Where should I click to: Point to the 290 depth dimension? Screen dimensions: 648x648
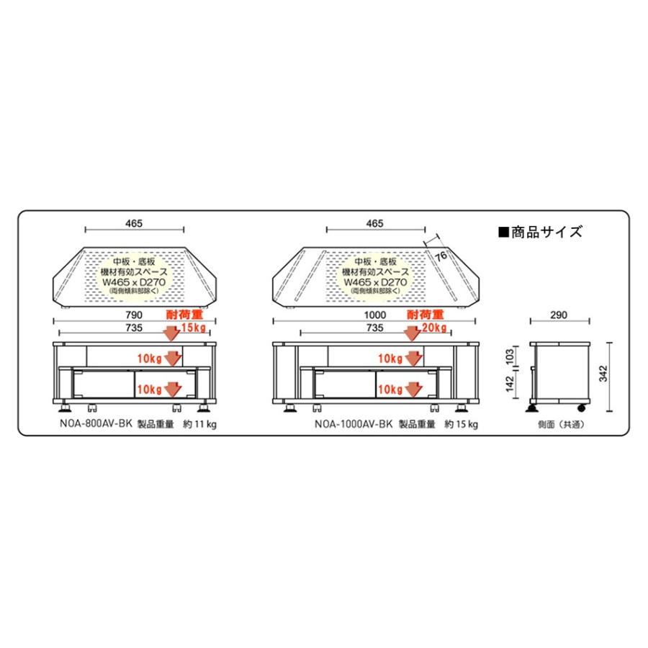coord(558,315)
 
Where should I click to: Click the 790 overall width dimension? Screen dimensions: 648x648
coord(135,315)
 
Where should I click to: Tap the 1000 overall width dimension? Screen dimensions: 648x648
coord(375,315)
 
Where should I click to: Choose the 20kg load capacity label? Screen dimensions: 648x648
coord(434,328)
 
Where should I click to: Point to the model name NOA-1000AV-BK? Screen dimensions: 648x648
coord(353,425)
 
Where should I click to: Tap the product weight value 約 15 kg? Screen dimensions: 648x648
coord(462,425)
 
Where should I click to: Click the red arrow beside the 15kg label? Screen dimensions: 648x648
coord(172,333)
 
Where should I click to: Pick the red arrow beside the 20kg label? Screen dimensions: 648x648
coord(412,333)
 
